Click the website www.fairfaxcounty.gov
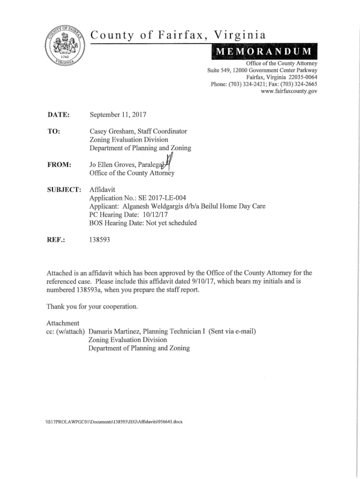[290, 92]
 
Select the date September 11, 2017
[118, 114]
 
